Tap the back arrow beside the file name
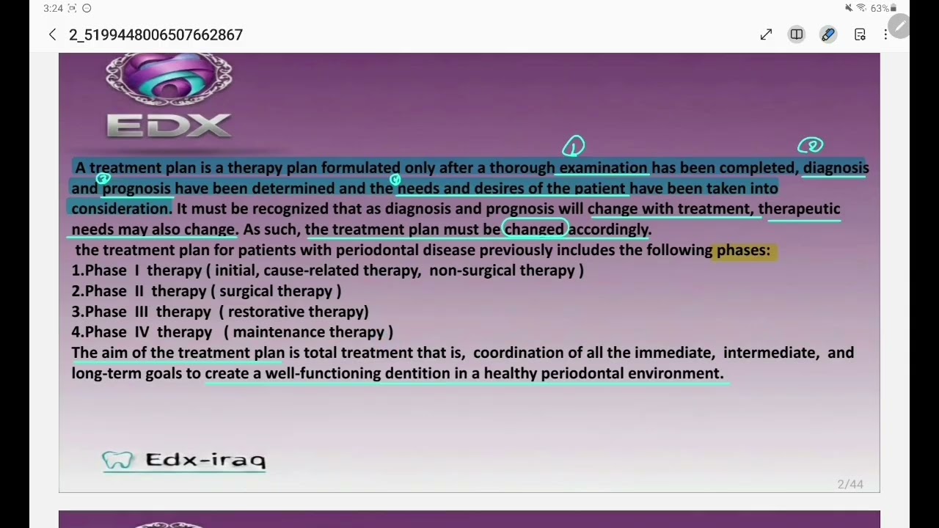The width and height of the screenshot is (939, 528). (x=52, y=34)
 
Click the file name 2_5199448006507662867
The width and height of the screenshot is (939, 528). (x=156, y=34)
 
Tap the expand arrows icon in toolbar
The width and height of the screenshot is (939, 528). (x=766, y=34)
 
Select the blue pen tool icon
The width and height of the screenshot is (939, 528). (x=828, y=34)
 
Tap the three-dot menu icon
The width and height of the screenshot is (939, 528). (x=885, y=34)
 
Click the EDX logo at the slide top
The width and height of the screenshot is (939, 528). (x=169, y=99)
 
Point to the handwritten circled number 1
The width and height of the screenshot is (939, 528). (x=574, y=146)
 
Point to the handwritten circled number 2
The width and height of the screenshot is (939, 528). (x=811, y=145)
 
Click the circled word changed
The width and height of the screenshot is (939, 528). (x=534, y=230)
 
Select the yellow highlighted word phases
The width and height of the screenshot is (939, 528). (x=743, y=250)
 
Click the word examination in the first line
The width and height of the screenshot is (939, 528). (x=603, y=168)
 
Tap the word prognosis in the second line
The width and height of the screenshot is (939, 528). (x=136, y=188)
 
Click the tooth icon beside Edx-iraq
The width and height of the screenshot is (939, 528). (x=118, y=461)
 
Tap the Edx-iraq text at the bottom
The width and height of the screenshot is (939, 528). (x=205, y=460)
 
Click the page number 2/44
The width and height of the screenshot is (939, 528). (x=850, y=484)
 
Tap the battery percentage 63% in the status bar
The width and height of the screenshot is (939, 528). (x=879, y=8)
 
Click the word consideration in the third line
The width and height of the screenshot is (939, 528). (x=120, y=209)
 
